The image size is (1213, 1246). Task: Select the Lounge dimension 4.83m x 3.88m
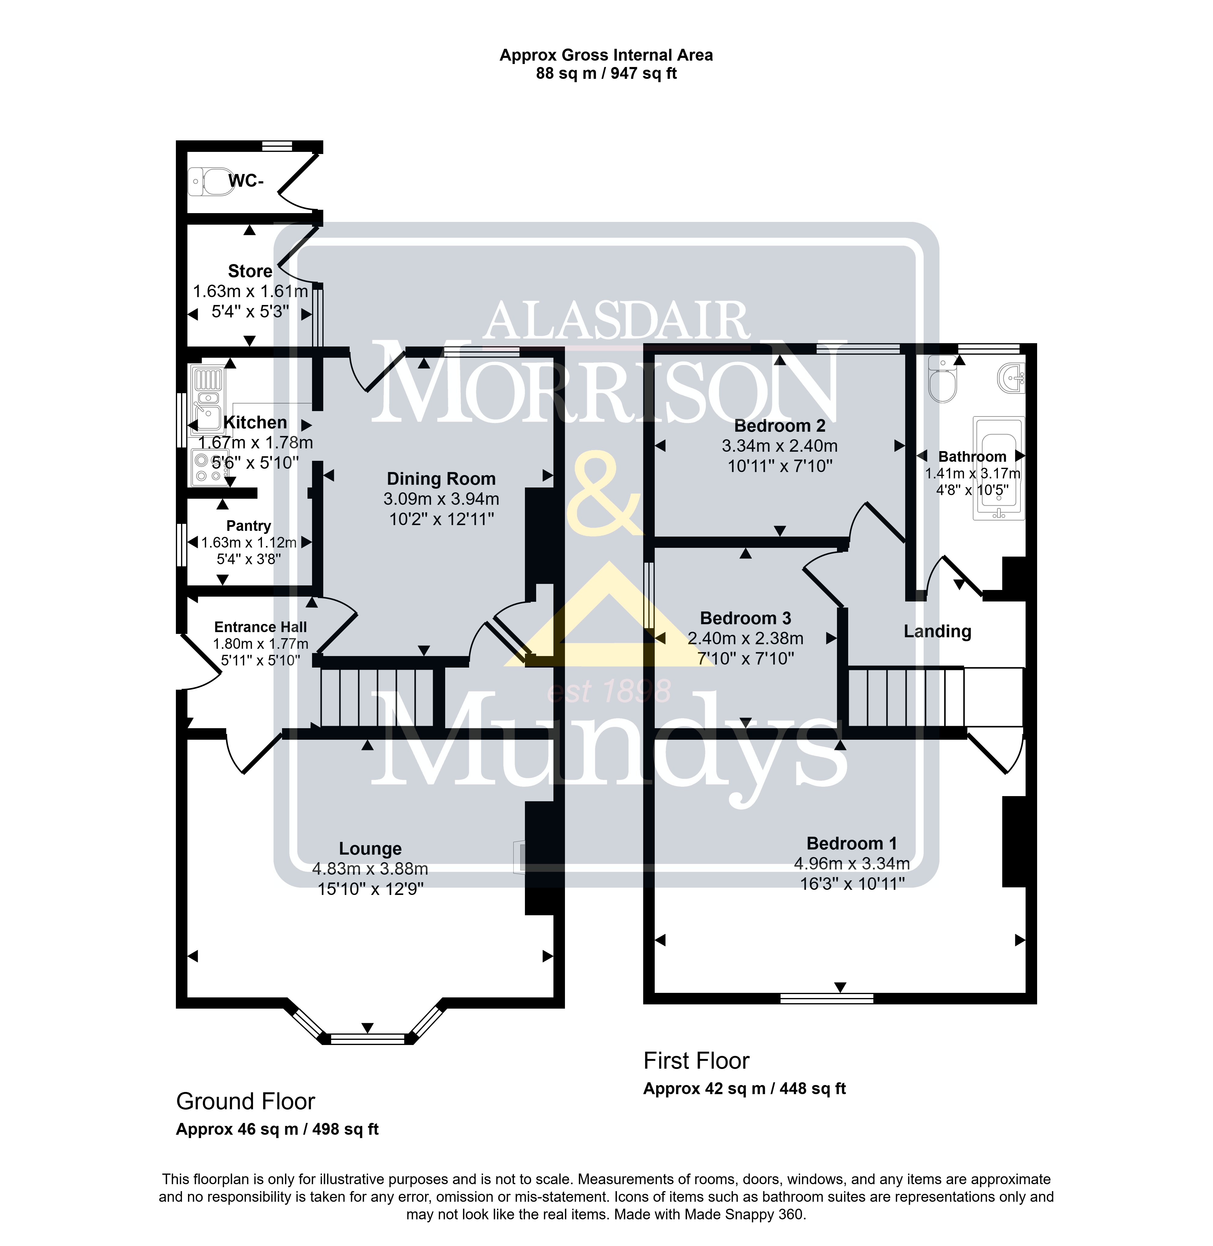point(370,869)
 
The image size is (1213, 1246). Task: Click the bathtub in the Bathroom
point(998,468)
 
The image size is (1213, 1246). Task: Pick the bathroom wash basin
point(1011,379)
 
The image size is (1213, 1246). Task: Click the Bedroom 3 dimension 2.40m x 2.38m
point(745,638)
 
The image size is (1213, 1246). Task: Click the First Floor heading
point(696,1061)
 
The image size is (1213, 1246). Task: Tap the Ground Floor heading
point(245,1101)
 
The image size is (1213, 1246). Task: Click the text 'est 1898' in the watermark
point(609,691)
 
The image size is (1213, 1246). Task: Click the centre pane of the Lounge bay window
point(368,1039)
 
